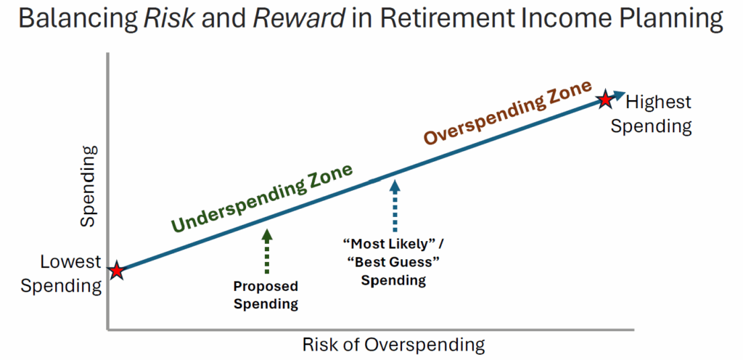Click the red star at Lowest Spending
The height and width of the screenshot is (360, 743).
point(117,271)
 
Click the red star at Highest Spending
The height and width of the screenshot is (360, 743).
point(605,99)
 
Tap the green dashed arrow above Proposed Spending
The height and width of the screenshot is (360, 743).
point(267,252)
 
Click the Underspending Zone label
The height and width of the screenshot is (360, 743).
point(262,198)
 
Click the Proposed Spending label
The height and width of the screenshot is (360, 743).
point(266,295)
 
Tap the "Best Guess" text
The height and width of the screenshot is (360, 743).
point(394,263)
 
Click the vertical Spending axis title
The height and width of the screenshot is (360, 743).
point(88,186)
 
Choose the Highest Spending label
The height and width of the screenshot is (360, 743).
point(652,114)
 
